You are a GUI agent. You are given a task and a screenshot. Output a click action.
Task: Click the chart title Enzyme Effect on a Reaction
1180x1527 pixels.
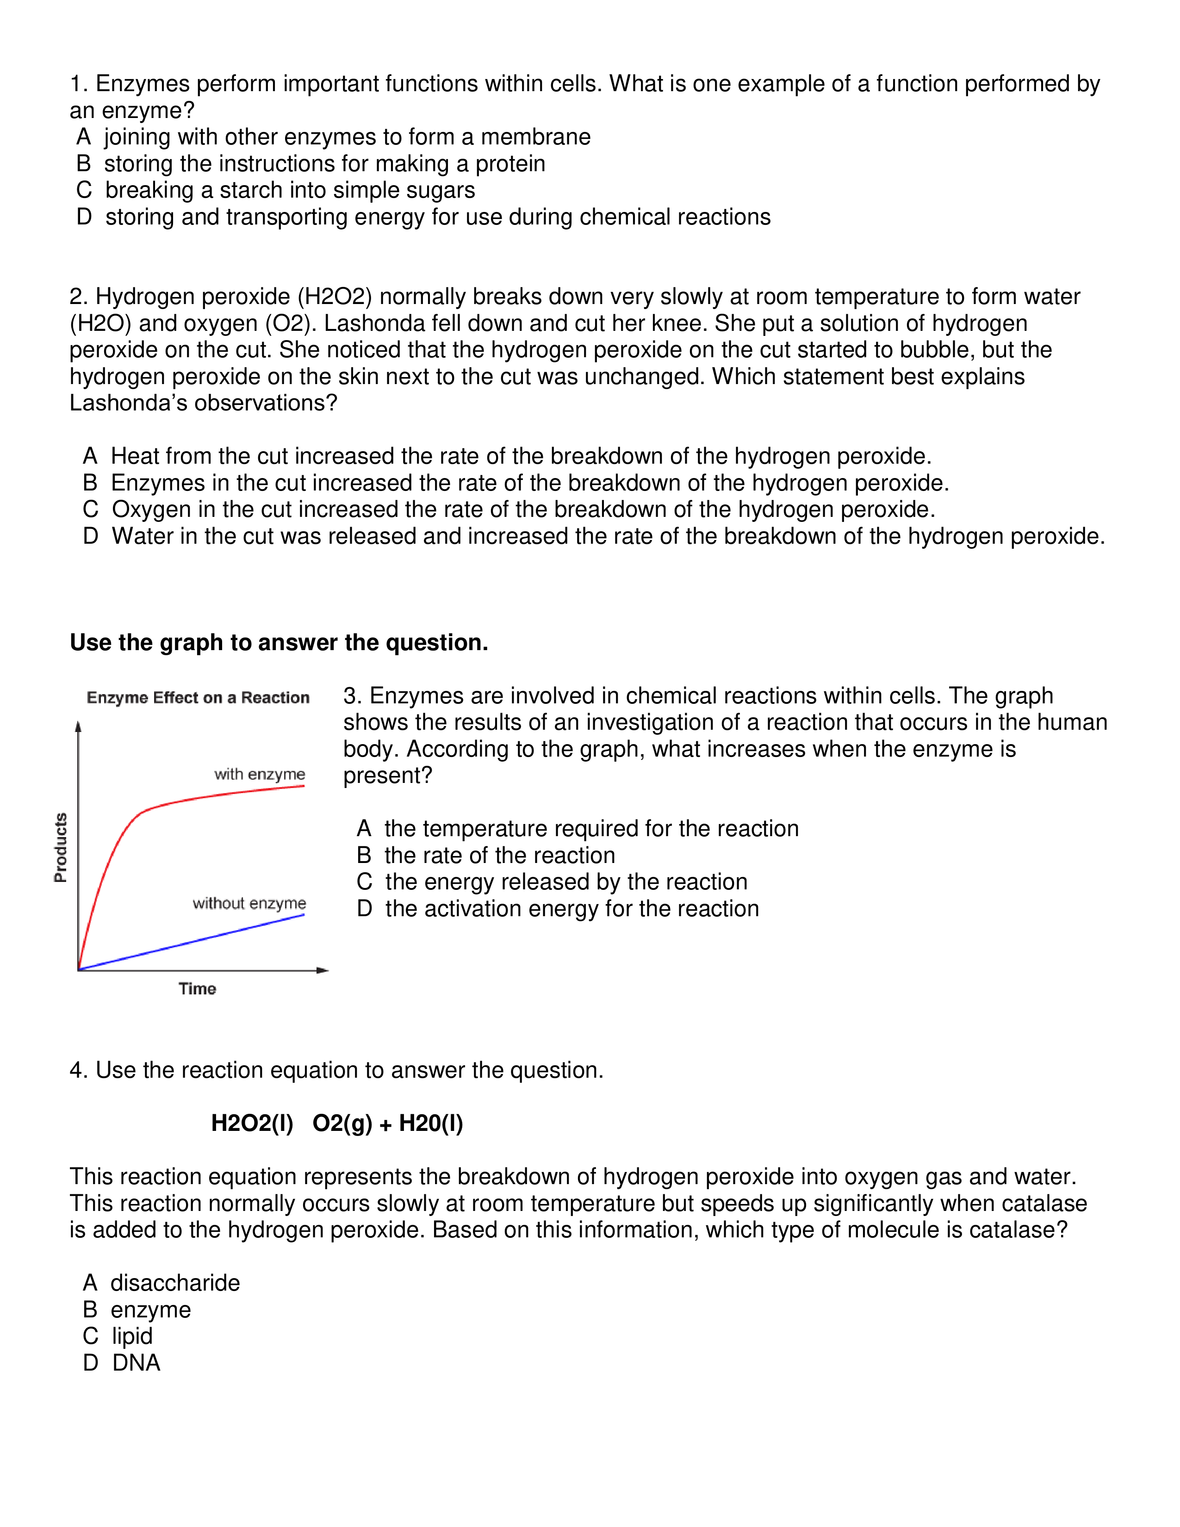click(198, 698)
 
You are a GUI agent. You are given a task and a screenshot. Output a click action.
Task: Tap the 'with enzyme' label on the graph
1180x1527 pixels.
click(259, 774)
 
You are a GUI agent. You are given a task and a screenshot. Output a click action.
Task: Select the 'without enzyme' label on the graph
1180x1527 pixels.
click(249, 903)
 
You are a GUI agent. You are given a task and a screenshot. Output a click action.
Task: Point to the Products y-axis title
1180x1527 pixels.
click(61, 847)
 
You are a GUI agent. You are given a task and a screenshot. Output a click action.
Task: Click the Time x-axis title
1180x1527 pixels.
click(197, 989)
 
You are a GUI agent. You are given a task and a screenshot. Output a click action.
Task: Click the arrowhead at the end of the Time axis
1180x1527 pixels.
click(323, 970)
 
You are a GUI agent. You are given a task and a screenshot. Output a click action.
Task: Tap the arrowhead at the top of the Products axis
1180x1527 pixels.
click(78, 727)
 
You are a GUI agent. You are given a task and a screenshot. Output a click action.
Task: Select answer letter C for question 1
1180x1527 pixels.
click(84, 190)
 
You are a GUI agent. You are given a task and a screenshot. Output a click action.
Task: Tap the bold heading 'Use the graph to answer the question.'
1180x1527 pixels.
click(279, 643)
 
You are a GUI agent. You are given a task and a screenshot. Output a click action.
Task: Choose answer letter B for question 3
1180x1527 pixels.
click(364, 855)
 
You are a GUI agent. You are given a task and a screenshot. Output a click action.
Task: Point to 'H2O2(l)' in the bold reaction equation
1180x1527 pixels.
click(252, 1124)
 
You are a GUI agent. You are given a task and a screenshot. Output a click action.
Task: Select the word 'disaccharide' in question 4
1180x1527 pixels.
click(175, 1283)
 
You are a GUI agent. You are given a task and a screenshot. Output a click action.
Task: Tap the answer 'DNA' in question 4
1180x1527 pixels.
click(137, 1363)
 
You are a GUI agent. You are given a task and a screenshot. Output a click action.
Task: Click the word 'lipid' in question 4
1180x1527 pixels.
click(132, 1336)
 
